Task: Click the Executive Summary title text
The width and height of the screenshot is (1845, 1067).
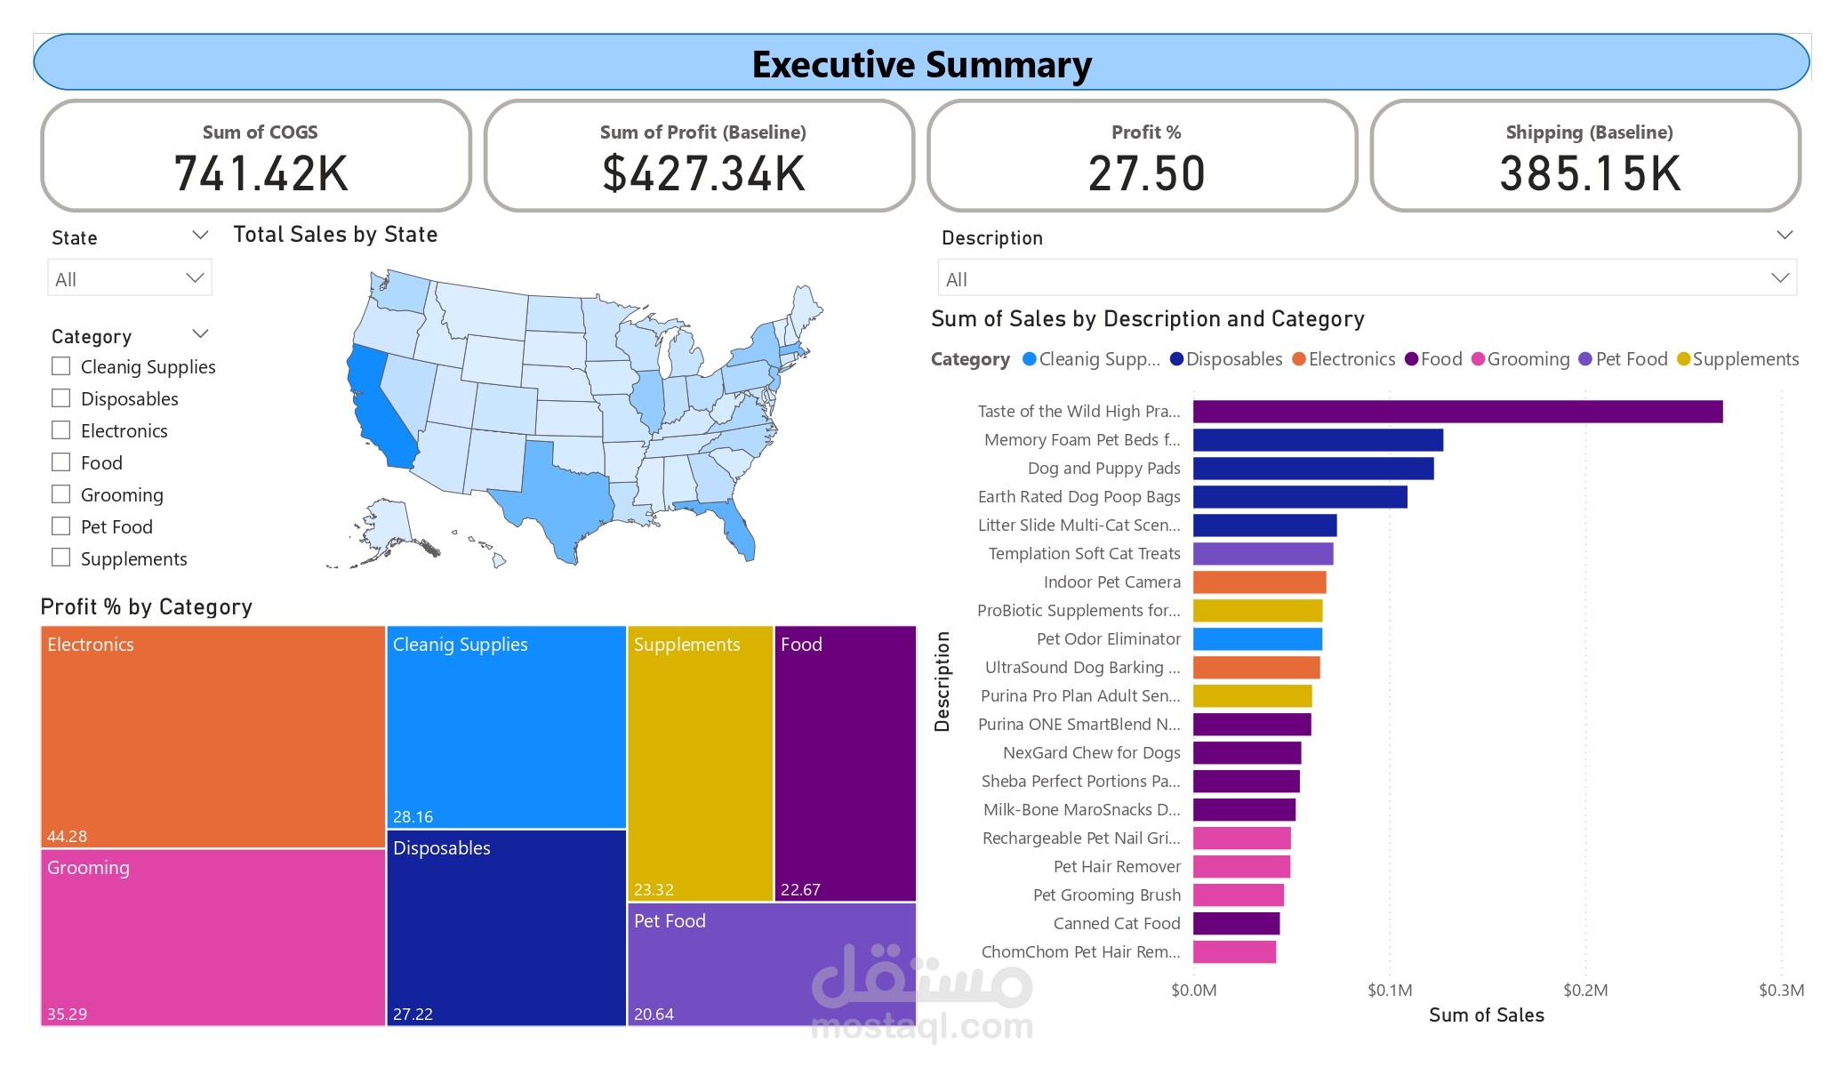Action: click(x=921, y=65)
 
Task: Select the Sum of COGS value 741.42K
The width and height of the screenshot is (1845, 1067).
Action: click(x=261, y=173)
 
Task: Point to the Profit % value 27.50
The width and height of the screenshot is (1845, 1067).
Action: click(x=1146, y=173)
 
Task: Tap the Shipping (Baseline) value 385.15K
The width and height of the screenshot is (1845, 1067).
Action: click(x=1590, y=173)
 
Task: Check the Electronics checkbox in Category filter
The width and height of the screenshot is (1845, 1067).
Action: click(x=61, y=430)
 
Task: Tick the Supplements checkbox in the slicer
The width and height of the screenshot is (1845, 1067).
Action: click(x=61, y=558)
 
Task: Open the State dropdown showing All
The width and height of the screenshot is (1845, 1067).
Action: click(x=130, y=278)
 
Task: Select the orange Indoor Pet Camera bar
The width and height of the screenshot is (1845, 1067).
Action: click(x=1259, y=582)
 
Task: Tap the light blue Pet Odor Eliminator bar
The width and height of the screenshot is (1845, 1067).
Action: click(x=1257, y=638)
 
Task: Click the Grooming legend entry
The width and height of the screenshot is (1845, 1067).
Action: click(x=1527, y=359)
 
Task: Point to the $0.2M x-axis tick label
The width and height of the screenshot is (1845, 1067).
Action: click(x=1585, y=990)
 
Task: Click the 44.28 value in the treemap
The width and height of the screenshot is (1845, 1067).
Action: click(x=67, y=836)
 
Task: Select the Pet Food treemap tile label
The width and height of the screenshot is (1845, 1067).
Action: click(x=670, y=921)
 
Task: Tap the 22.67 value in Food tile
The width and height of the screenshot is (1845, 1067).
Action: click(x=800, y=889)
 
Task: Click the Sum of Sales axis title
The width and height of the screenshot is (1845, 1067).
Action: click(x=1486, y=1015)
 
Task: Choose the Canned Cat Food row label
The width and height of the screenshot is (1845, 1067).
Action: click(x=1116, y=923)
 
